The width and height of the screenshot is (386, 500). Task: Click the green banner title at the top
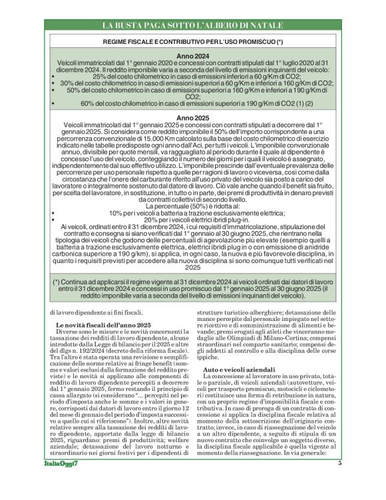click(193, 25)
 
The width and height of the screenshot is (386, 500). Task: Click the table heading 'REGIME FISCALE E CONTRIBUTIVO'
click(193, 42)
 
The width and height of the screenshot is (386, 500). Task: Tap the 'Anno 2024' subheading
click(193, 57)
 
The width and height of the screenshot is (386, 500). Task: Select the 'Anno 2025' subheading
click(193, 118)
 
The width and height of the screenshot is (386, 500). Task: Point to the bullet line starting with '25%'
click(193, 77)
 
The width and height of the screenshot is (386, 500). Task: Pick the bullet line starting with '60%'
click(193, 103)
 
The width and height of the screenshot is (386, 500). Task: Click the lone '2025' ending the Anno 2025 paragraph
click(193, 267)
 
